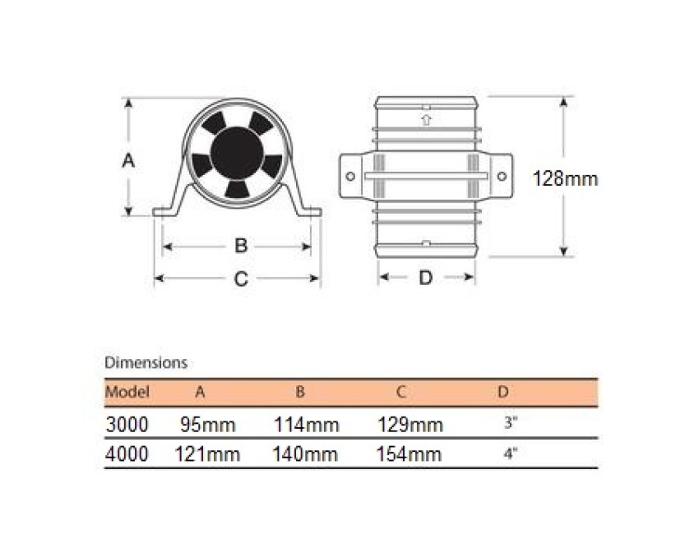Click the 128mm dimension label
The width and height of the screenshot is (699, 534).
(x=565, y=179)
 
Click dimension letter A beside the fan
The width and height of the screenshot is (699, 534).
(x=128, y=160)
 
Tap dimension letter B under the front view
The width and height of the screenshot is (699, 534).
(x=241, y=246)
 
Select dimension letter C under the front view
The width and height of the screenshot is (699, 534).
(x=241, y=279)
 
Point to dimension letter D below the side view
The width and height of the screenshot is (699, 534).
(x=426, y=278)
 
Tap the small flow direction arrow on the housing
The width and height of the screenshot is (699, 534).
(x=427, y=120)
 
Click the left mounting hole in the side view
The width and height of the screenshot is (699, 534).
(x=350, y=177)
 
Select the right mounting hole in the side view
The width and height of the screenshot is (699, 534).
(x=502, y=177)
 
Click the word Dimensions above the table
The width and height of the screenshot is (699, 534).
(x=146, y=363)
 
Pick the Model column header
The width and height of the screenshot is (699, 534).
(x=127, y=392)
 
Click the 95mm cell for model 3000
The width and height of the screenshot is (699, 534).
(x=208, y=425)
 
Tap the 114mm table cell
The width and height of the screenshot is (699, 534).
(x=306, y=425)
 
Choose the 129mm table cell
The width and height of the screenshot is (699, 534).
(x=410, y=425)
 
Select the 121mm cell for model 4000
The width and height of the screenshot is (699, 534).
(x=207, y=454)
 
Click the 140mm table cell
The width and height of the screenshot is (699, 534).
(x=305, y=454)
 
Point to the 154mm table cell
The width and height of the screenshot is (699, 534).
(x=409, y=454)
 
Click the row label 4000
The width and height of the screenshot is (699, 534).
(x=127, y=454)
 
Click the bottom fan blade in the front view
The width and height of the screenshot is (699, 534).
(x=237, y=189)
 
